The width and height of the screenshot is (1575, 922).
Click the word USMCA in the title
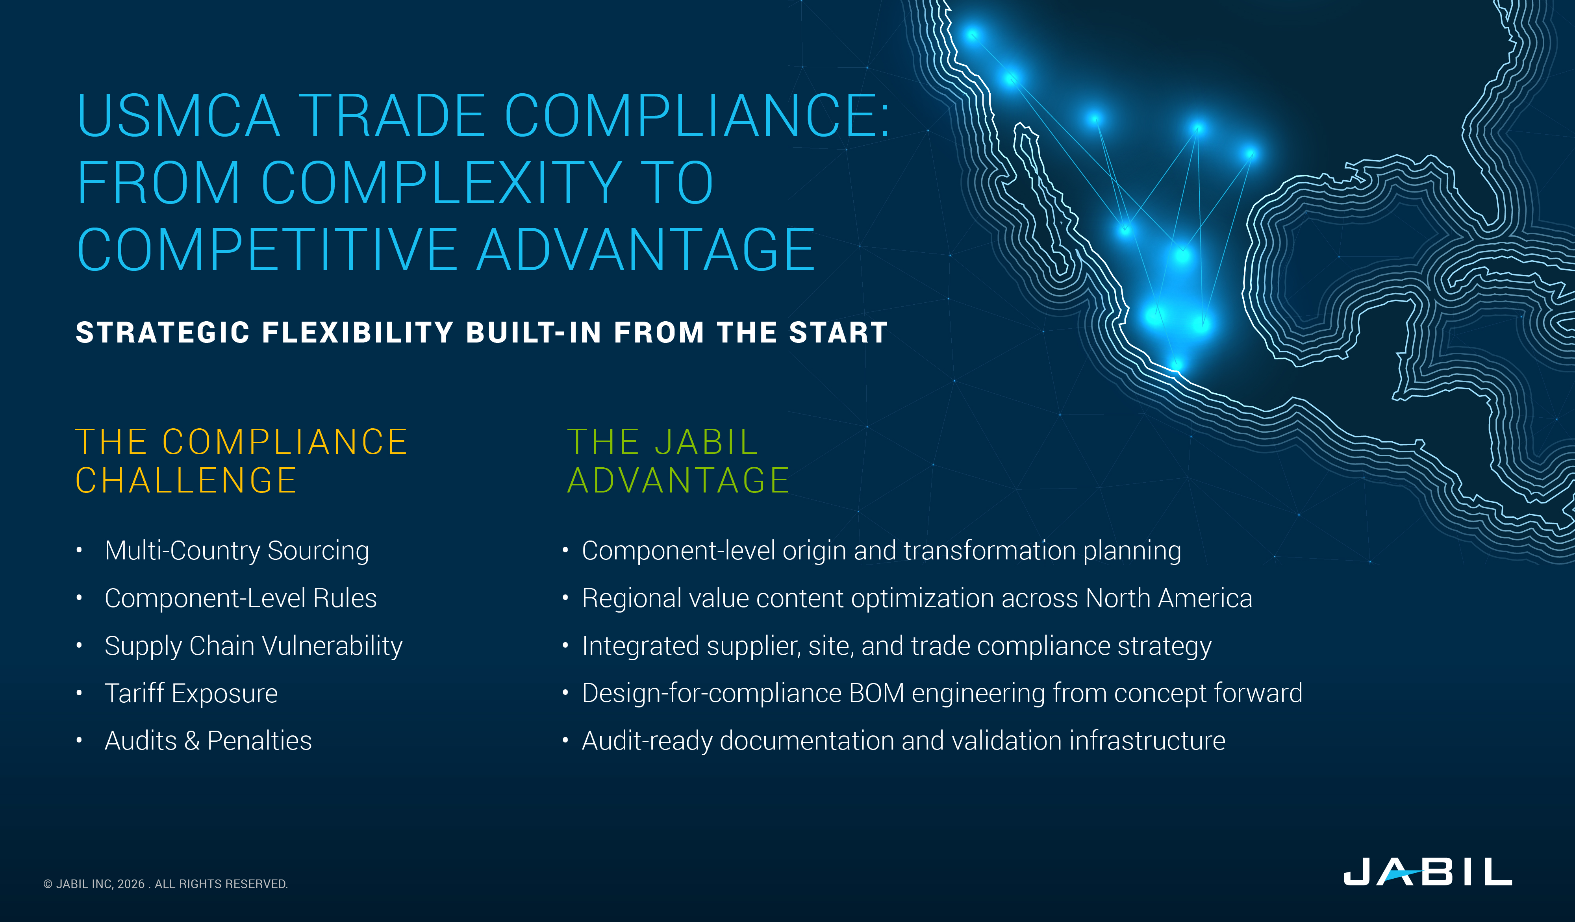(x=178, y=116)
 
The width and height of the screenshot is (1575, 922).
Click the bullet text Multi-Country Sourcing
(x=237, y=551)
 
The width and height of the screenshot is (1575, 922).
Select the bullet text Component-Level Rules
(x=241, y=598)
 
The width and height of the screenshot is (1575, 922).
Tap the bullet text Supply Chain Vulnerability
(x=253, y=646)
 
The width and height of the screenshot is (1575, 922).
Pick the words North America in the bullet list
(x=1169, y=598)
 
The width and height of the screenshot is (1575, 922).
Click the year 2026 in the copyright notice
(x=131, y=884)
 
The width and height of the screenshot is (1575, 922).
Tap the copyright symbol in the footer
(x=48, y=884)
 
